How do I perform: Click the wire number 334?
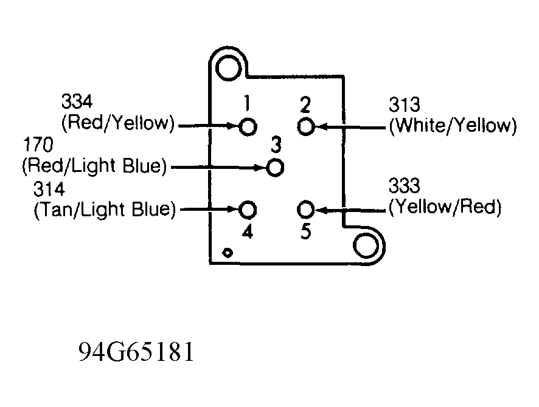(77, 101)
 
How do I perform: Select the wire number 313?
(404, 104)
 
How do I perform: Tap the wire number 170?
(38, 145)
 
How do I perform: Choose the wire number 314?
(49, 189)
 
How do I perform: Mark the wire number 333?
(404, 186)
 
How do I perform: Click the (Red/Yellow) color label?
(118, 123)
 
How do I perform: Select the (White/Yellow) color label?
(453, 125)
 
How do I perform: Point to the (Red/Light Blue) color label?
(94, 166)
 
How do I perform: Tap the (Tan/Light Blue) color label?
(105, 210)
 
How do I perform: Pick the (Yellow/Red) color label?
(445, 207)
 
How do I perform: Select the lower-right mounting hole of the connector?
(366, 245)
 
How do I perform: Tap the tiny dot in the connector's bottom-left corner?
(228, 253)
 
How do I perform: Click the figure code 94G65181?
(136, 352)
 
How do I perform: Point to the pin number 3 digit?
(276, 145)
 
